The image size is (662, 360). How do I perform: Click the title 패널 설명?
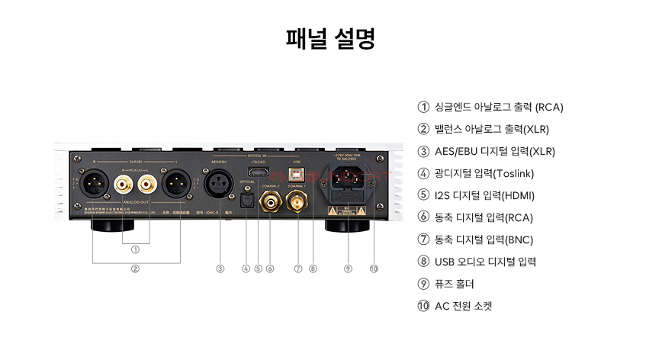(x=330, y=40)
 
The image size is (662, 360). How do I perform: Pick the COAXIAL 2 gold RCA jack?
(x=271, y=202)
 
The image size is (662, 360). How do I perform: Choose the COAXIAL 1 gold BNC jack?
(x=297, y=202)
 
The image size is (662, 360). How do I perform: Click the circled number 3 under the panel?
(x=220, y=268)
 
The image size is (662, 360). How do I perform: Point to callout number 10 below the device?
(x=374, y=268)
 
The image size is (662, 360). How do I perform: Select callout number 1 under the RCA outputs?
(x=135, y=249)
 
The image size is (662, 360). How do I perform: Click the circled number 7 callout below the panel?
(x=298, y=268)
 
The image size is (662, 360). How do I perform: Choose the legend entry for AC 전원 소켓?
(x=463, y=306)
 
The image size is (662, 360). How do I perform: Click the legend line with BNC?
(x=483, y=239)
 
